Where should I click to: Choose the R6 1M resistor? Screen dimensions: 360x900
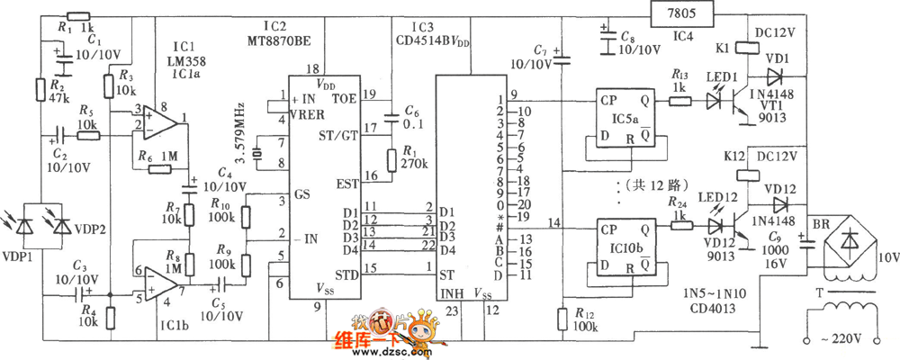click(162, 168)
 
